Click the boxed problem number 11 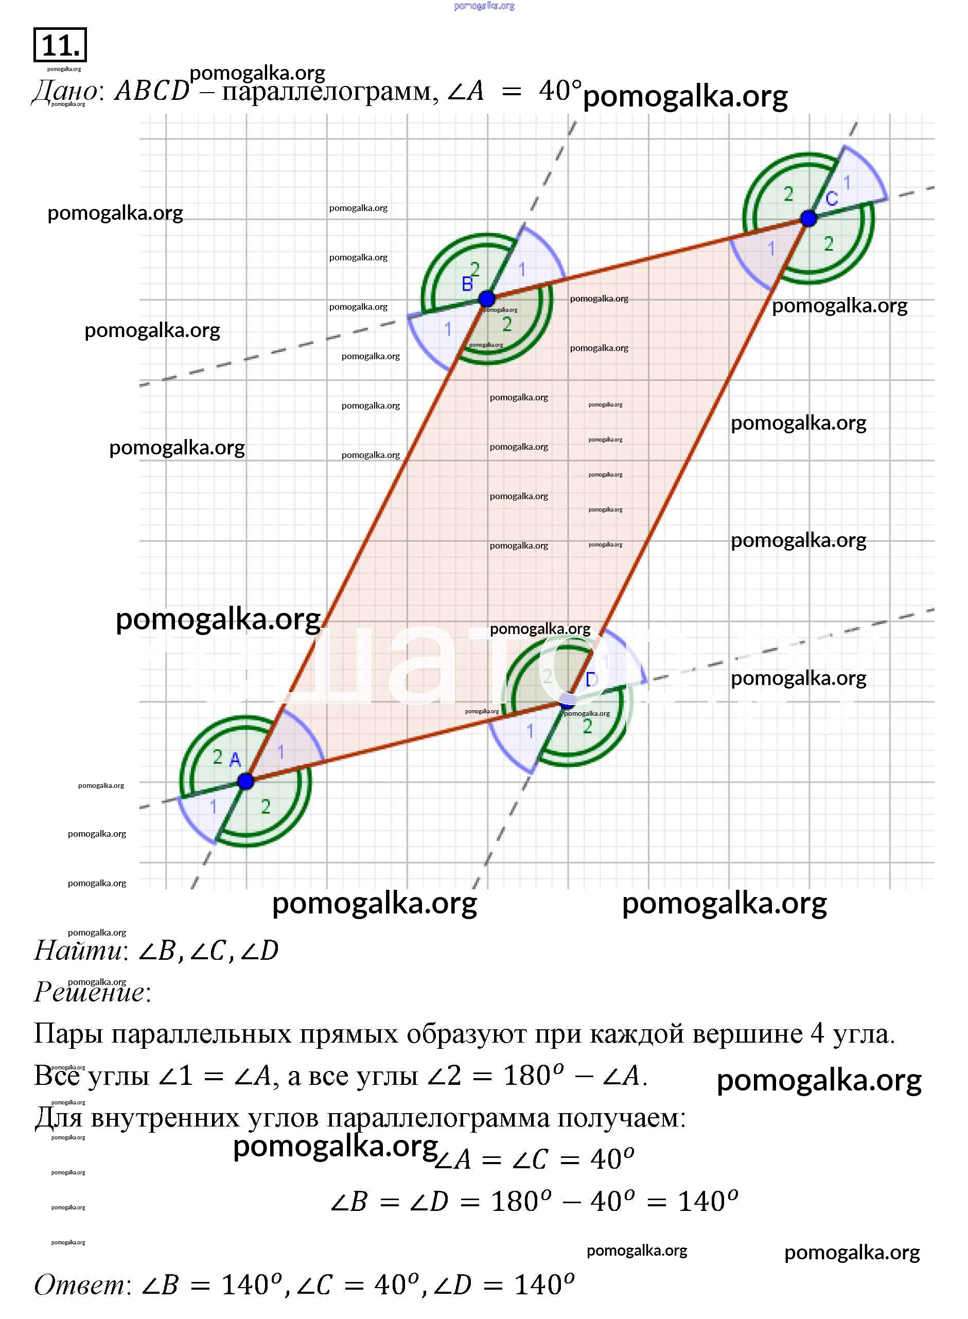click(x=60, y=45)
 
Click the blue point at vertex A click(x=245, y=781)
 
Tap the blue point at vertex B click(x=486, y=299)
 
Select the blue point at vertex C click(x=808, y=219)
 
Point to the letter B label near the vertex click(x=467, y=284)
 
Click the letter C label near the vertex click(x=832, y=199)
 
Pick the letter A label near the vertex click(x=235, y=760)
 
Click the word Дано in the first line click(x=64, y=91)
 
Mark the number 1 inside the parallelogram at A click(x=280, y=752)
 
